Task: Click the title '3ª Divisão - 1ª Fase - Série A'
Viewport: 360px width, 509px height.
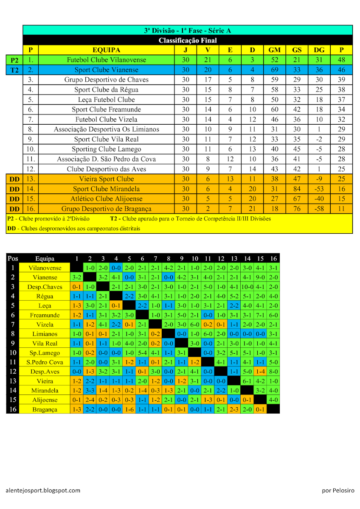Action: pyautogui.click(x=187, y=31)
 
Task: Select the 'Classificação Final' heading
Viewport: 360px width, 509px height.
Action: pyautogui.click(x=187, y=40)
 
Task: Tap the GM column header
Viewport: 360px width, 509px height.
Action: pyautogui.click(x=274, y=50)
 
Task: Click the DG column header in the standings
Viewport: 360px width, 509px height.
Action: pyautogui.click(x=319, y=50)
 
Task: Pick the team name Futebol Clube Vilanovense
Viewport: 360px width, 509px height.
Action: pyautogui.click(x=106, y=60)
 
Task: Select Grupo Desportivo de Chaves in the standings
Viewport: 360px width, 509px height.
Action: pyautogui.click(x=106, y=80)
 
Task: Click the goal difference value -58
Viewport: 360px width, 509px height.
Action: pyautogui.click(x=319, y=209)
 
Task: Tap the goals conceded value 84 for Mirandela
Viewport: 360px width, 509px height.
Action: pyautogui.click(x=296, y=189)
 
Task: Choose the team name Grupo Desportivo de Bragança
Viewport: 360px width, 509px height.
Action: pyautogui.click(x=106, y=209)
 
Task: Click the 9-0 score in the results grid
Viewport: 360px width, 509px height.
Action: pyautogui.click(x=261, y=277)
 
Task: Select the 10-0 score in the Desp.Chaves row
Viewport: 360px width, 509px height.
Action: pyautogui.click(x=247, y=287)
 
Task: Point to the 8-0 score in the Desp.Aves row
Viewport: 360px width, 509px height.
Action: pyautogui.click(x=273, y=372)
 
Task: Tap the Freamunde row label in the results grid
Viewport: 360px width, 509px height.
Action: pyautogui.click(x=45, y=315)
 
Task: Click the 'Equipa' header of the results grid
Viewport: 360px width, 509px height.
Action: pyautogui.click(x=45, y=258)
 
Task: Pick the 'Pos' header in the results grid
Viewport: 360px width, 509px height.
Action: pyautogui.click(x=13, y=258)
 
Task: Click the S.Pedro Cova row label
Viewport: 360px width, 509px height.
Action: pyautogui.click(x=45, y=362)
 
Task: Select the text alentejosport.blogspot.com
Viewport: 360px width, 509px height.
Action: pyautogui.click(x=43, y=490)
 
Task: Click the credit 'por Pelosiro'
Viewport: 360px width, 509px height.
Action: pyautogui.click(x=338, y=490)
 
